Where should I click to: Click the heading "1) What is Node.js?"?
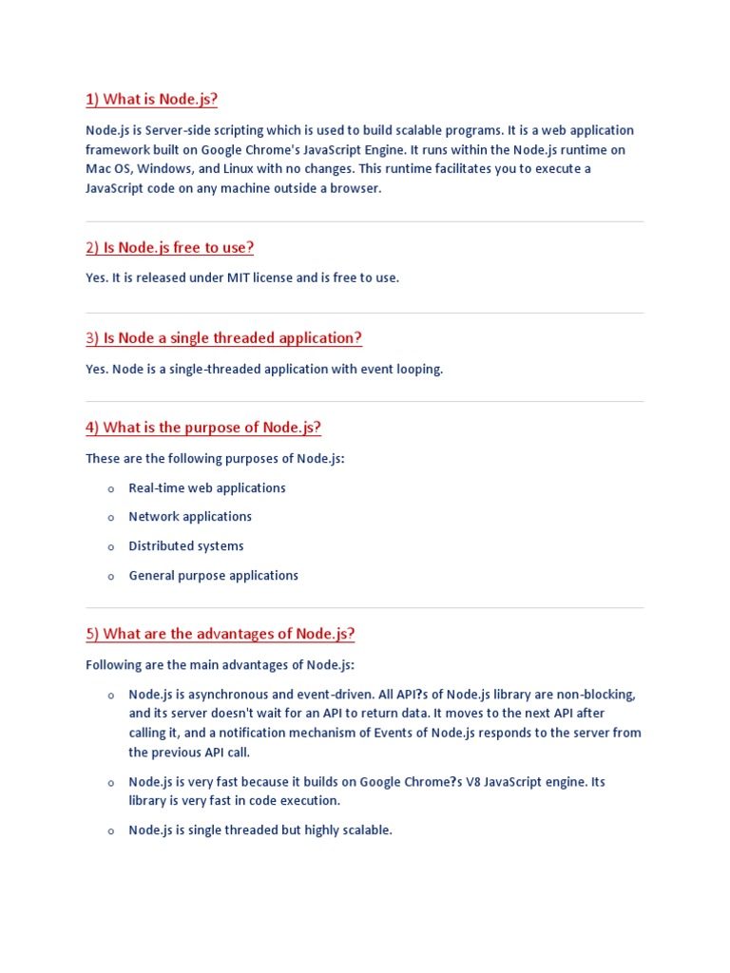151,99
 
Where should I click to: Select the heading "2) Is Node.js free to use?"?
169,247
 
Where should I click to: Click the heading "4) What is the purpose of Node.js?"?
203,427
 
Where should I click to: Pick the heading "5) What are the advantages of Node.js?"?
220,633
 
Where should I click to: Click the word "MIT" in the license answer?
238,277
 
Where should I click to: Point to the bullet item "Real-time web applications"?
206,487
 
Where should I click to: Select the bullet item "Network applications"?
190,517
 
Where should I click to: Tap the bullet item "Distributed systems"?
186,546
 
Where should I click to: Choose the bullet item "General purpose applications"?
213,576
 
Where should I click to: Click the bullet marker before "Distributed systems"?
110,547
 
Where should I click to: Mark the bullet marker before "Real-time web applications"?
110,488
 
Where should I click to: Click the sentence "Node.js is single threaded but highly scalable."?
259,830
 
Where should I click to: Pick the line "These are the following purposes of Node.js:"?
215,458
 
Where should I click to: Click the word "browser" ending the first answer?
355,188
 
